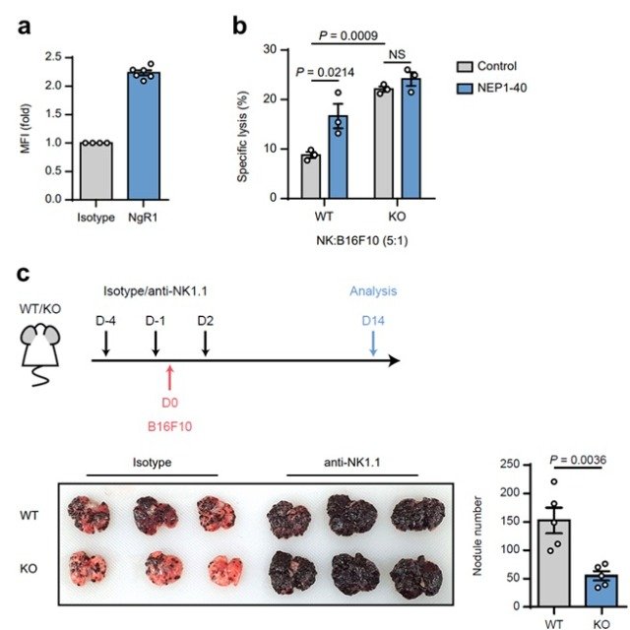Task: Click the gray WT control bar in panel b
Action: [x=310, y=177]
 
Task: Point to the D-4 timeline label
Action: [x=105, y=321]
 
